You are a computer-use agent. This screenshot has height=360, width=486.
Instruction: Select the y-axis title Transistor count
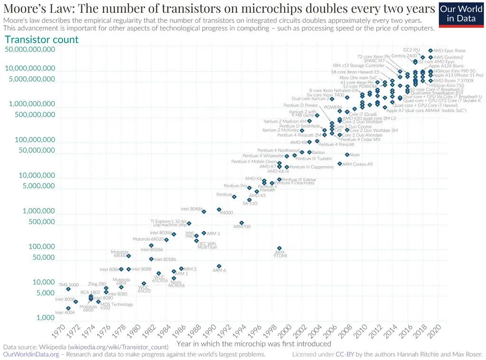tap(42, 39)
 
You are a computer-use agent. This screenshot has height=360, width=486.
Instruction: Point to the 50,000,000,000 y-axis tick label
tap(30, 49)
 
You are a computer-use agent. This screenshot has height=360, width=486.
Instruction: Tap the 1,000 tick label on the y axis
tap(47, 317)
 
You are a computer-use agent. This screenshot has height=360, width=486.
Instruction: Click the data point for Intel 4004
tap(68, 308)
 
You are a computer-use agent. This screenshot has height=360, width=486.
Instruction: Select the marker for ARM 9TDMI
tap(279, 248)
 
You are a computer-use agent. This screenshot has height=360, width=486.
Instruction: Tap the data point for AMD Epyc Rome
tap(430, 50)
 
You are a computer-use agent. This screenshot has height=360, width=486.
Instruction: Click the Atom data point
tap(347, 155)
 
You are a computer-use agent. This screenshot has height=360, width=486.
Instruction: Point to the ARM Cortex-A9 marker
tap(339, 164)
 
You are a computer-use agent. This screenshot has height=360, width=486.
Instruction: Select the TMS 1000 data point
tap(68, 289)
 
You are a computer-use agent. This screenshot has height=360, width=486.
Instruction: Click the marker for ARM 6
tap(219, 266)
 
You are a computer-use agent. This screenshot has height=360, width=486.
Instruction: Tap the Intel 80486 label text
tap(192, 209)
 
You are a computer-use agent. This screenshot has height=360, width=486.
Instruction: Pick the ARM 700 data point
tap(242, 223)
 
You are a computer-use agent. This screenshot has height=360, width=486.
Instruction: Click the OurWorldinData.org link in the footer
tap(31, 354)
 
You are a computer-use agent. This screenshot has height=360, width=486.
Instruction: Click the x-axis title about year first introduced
tap(253, 343)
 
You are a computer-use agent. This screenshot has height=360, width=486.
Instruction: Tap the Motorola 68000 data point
tap(129, 256)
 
